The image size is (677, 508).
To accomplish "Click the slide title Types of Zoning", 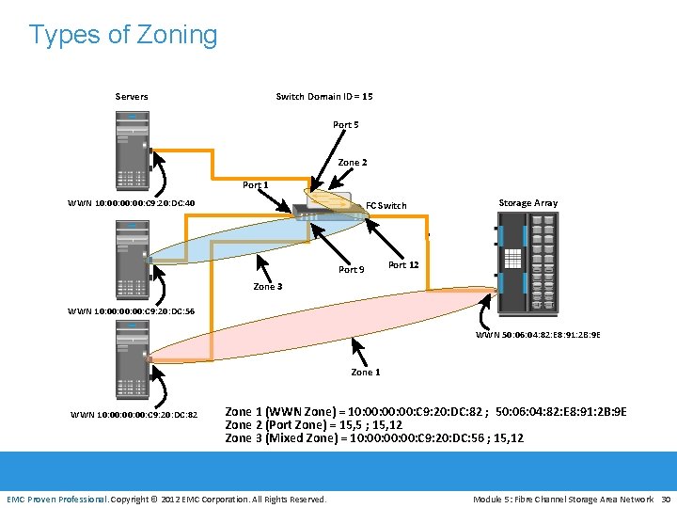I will coord(123,35).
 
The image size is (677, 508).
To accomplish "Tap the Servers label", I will coord(132,97).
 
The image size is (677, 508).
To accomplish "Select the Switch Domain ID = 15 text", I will coord(324,97).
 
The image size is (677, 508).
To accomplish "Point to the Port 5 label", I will coord(345,125).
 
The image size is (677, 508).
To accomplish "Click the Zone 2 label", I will coord(353,163).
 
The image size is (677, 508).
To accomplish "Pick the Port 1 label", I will coord(256,185).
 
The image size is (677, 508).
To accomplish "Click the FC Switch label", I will coord(386,206).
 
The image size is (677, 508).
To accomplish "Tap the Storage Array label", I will coord(527,203).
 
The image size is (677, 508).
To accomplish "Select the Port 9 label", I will coord(351,270).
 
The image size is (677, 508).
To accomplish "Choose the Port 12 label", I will coord(403,265).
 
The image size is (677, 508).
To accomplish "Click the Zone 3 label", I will coord(268,287).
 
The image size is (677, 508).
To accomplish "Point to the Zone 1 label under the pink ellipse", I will coord(366,373).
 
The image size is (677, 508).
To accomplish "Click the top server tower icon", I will coord(133,151).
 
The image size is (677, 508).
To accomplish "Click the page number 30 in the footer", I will coord(666,499).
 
